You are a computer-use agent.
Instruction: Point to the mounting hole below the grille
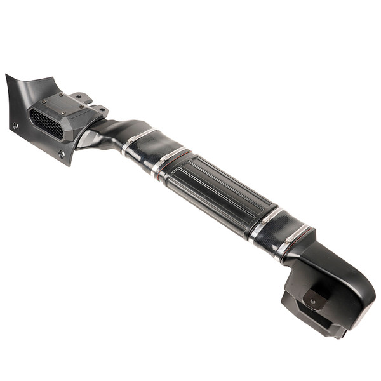pyautogui.click(x=61, y=154)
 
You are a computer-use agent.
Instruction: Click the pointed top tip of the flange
pyautogui.click(x=7, y=76)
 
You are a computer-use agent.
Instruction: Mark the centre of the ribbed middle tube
pyautogui.click(x=216, y=190)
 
